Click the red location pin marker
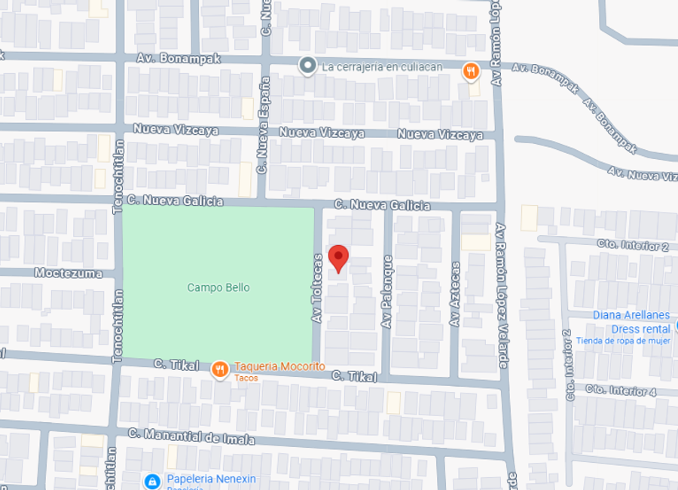(x=339, y=258)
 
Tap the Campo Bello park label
(x=218, y=288)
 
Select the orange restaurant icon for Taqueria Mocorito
(x=220, y=369)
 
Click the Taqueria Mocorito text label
(x=279, y=366)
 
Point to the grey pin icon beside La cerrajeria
(x=307, y=66)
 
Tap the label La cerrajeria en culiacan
(x=382, y=66)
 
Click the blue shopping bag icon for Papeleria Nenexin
(x=152, y=480)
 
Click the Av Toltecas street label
(x=318, y=289)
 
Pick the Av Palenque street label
(x=387, y=291)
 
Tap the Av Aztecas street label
(x=455, y=294)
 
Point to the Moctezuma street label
(x=69, y=273)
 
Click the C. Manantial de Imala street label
(x=191, y=436)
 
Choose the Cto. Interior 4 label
(x=621, y=390)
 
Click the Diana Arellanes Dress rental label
(x=631, y=322)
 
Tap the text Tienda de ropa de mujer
(x=623, y=341)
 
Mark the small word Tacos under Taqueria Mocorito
(x=246, y=378)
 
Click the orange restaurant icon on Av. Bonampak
(x=471, y=72)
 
